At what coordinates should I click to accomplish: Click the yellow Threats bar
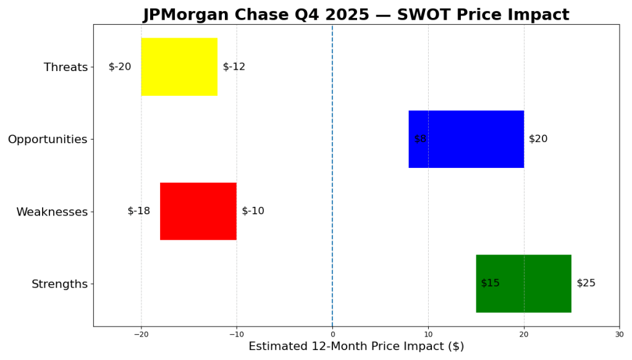pyautogui.click(x=179, y=67)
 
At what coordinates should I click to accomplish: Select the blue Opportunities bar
pyautogui.click(x=466, y=139)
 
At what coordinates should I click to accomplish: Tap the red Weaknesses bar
pyautogui.click(x=198, y=211)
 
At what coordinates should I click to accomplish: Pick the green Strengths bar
pyautogui.click(x=523, y=283)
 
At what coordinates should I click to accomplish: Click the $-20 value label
pyautogui.click(x=120, y=67)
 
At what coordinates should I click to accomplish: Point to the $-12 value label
pyautogui.click(x=234, y=67)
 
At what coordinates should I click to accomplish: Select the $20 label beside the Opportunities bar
pyautogui.click(x=538, y=139)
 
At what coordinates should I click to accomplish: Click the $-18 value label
pyautogui.click(x=139, y=211)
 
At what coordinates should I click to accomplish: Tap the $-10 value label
pyautogui.click(x=253, y=211)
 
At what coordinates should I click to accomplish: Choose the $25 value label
pyautogui.click(x=586, y=283)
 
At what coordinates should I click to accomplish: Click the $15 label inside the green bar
pyautogui.click(x=491, y=283)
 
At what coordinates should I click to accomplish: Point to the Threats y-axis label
pyautogui.click(x=65, y=67)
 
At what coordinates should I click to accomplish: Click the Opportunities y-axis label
pyautogui.click(x=48, y=140)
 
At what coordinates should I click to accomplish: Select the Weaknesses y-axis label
pyautogui.click(x=52, y=212)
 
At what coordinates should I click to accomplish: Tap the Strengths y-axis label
pyautogui.click(x=59, y=284)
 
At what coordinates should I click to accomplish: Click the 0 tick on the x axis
pyautogui.click(x=332, y=334)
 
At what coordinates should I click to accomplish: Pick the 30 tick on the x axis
pyautogui.click(x=619, y=334)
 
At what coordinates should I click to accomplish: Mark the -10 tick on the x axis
pyautogui.click(x=237, y=334)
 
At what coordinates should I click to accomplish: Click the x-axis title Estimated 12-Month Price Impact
pyautogui.click(x=356, y=347)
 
